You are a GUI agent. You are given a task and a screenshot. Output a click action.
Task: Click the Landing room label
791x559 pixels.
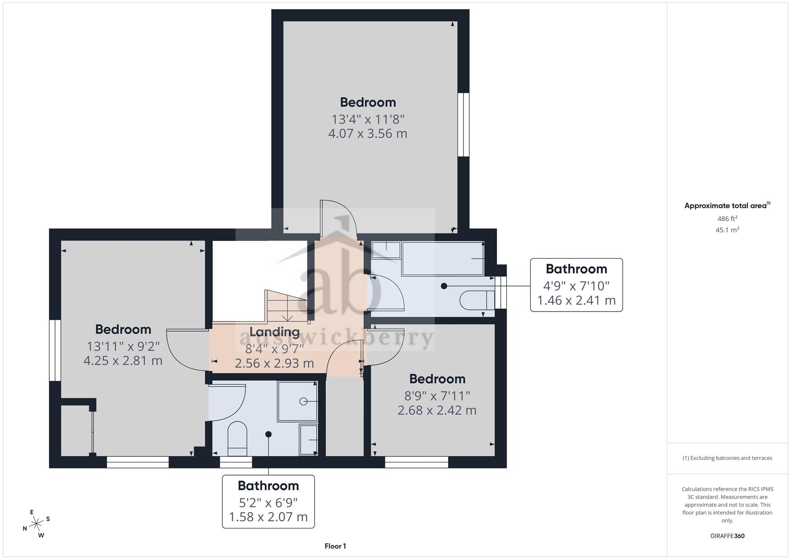click(274, 332)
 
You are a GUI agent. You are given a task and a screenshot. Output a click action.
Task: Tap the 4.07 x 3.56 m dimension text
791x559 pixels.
click(368, 134)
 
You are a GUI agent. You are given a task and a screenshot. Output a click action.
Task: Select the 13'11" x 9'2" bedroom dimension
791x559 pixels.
click(123, 346)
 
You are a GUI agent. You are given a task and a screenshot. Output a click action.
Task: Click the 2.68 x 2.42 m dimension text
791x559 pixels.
click(437, 410)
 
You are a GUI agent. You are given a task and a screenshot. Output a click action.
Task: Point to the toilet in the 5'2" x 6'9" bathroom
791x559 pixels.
click(237, 439)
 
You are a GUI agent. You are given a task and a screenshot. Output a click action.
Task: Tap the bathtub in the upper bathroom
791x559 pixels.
click(443, 258)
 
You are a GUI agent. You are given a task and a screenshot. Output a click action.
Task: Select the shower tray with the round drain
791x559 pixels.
click(297, 401)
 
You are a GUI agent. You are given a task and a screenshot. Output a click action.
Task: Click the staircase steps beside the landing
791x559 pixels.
click(287, 306)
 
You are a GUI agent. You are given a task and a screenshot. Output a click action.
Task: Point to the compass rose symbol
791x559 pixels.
click(36, 524)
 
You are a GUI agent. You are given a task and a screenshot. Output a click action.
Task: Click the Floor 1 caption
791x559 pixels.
click(335, 546)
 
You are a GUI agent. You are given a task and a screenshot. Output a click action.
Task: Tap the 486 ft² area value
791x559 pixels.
click(727, 218)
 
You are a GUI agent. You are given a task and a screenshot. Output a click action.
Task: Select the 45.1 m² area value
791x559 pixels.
click(727, 230)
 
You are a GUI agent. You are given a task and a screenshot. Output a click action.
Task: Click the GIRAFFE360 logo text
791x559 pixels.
click(727, 536)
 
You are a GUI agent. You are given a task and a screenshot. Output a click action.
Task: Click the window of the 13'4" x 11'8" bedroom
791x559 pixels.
click(464, 125)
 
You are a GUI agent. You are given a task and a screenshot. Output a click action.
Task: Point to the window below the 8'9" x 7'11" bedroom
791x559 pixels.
click(417, 462)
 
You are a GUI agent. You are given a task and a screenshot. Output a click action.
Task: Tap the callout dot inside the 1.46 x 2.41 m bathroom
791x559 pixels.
click(444, 286)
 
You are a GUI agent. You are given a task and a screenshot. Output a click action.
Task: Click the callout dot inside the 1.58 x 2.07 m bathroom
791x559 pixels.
click(269, 434)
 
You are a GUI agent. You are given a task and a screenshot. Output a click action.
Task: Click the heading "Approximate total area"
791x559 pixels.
click(725, 205)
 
